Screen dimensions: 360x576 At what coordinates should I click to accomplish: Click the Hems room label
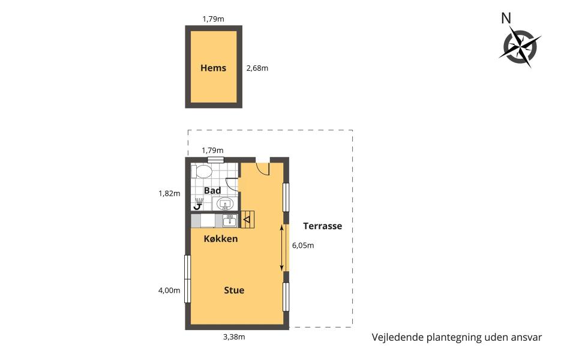(213, 68)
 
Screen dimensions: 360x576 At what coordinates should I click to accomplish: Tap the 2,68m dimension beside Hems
(257, 68)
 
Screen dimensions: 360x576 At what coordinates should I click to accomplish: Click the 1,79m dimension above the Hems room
(213, 19)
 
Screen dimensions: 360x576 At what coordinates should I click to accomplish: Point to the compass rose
(520, 46)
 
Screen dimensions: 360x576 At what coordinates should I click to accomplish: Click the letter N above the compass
(506, 18)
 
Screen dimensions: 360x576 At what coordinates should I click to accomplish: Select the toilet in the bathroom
(202, 172)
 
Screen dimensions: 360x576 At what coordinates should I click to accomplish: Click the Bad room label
(212, 191)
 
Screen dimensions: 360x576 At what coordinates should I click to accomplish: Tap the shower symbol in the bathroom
(199, 203)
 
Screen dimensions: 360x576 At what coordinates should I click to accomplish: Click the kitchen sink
(230, 221)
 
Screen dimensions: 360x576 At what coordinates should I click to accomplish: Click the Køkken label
(220, 239)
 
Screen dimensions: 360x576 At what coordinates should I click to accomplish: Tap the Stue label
(234, 290)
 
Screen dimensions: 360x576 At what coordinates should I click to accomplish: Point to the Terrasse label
(322, 226)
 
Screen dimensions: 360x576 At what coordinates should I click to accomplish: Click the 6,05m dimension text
(303, 245)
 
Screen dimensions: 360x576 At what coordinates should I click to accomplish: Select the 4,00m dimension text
(169, 290)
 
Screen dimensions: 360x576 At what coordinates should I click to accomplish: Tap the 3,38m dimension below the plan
(234, 337)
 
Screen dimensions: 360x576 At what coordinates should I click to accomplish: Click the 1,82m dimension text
(169, 193)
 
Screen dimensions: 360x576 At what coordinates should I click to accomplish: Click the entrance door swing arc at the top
(263, 168)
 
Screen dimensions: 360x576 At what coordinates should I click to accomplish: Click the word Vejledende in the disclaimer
(398, 337)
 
